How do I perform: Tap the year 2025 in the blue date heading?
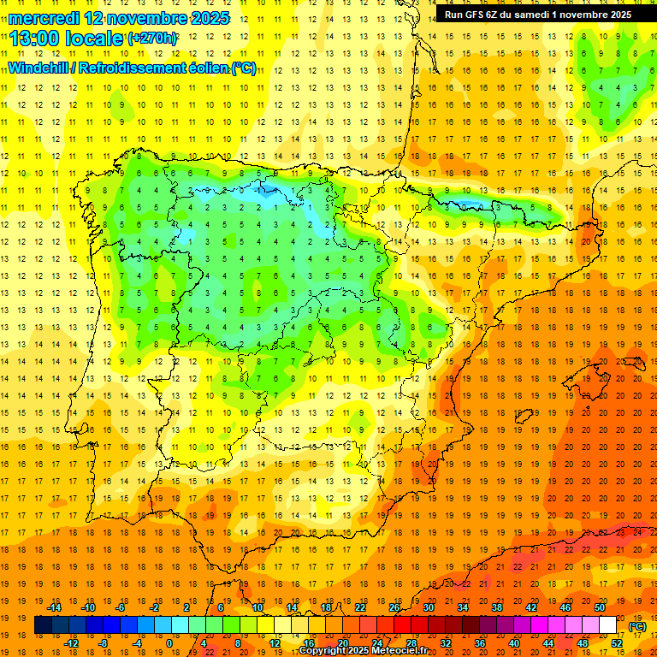[x=208, y=18]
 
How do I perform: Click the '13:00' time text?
[x=34, y=38]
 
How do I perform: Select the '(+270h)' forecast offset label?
[x=153, y=38]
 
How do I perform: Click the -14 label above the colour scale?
[x=56, y=607]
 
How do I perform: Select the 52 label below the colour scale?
[x=617, y=643]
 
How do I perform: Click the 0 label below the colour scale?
[x=169, y=643]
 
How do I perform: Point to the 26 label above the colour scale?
[x=394, y=607]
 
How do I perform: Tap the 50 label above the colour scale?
[x=600, y=607]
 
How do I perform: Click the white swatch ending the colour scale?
[x=608, y=625]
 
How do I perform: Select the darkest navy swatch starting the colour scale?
[x=43, y=625]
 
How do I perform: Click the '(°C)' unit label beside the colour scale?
[x=636, y=626]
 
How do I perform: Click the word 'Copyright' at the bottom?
[x=323, y=651]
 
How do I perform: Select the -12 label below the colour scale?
[x=72, y=643]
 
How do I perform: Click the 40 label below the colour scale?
[x=515, y=643]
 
